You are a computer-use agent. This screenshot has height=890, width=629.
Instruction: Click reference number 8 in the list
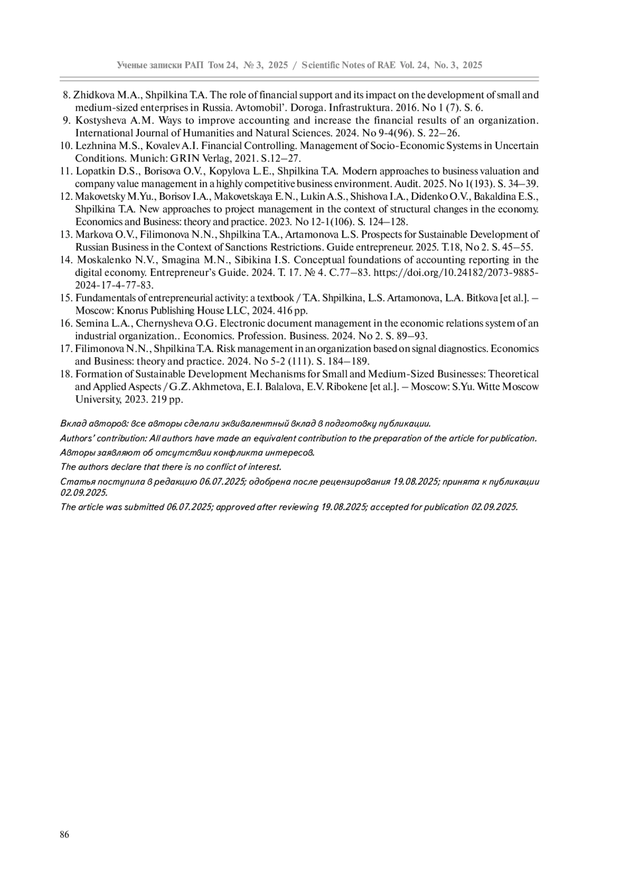coord(67,95)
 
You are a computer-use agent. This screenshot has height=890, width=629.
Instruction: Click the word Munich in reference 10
coord(148,158)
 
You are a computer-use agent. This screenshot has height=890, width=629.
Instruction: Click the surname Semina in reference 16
coord(91,324)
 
